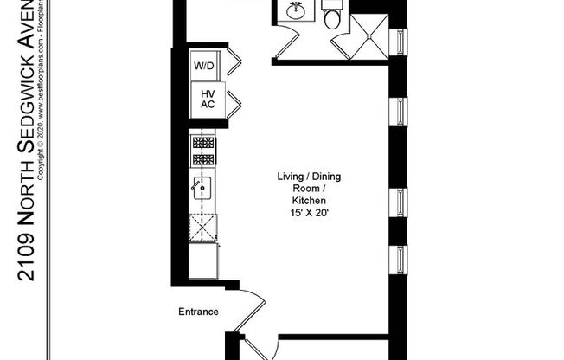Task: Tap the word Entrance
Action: pyautogui.click(x=198, y=312)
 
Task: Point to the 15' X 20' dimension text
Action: pyautogui.click(x=309, y=211)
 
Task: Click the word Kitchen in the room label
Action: pyautogui.click(x=309, y=200)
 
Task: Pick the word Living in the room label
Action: pyautogui.click(x=290, y=177)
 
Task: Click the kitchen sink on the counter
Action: pyautogui.click(x=203, y=187)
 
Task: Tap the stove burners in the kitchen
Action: pyautogui.click(x=203, y=151)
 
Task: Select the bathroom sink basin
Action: pyautogui.click(x=294, y=12)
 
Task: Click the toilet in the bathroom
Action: pyautogui.click(x=333, y=16)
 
